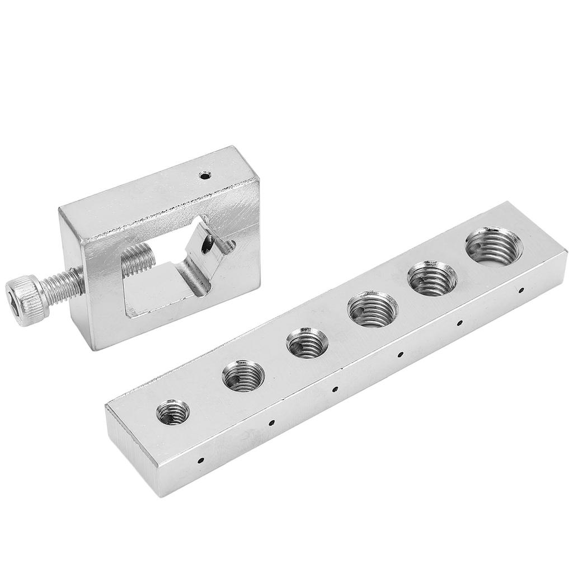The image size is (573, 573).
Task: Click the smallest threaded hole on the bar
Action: click(x=173, y=412)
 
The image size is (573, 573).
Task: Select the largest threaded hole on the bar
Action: click(x=494, y=245)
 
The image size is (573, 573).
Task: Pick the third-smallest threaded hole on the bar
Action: click(x=307, y=346)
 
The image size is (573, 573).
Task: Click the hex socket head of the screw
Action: click(x=24, y=292)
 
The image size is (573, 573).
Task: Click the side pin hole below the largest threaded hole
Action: click(x=521, y=290)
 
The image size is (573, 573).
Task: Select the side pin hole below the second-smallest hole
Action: click(x=270, y=423)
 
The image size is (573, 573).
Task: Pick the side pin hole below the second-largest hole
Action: click(x=459, y=322)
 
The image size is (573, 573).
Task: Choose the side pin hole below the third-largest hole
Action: click(x=400, y=353)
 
